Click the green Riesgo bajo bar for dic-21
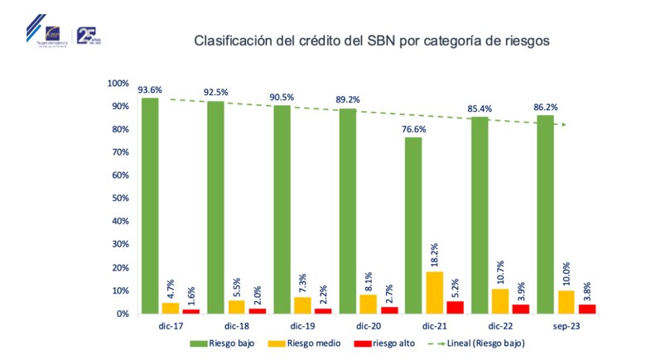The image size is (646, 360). [x=413, y=225]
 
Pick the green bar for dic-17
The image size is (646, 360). [x=150, y=205]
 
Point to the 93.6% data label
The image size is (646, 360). [x=150, y=90]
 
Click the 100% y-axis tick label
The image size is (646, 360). [x=117, y=84]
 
